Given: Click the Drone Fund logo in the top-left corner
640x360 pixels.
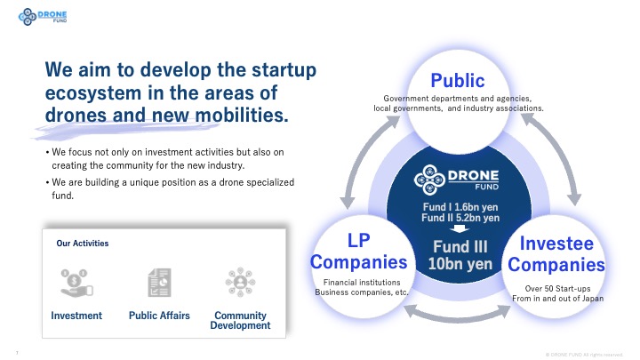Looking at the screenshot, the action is coord(43,16).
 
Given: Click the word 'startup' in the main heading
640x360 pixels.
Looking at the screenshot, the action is coord(284,70).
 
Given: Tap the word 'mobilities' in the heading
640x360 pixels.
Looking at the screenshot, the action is coord(241,115).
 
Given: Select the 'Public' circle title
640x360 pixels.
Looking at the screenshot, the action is coord(458,80).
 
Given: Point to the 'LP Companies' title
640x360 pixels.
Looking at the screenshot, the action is coord(359,251).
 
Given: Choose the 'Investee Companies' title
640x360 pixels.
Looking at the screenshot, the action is coord(556,254).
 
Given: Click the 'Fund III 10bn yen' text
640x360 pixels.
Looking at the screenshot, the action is coord(460,255).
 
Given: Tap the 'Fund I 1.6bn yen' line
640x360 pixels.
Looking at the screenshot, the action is coord(460,207).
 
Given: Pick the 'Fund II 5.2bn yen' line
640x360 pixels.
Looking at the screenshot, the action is coord(460,218).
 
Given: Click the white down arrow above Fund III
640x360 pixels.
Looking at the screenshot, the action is coord(460,228).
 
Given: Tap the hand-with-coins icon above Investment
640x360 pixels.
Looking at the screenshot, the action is coord(76,283).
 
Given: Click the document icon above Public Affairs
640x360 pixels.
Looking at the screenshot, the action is coord(159,283).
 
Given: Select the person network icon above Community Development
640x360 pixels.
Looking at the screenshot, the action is coord(240,282).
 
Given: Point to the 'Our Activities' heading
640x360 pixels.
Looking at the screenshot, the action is coord(83,244).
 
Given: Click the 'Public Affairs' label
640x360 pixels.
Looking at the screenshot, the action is coord(159,316).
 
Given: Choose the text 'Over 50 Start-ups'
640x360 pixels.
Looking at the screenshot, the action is coord(557,289).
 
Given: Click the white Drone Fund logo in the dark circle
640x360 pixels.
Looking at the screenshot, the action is coord(456,180).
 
